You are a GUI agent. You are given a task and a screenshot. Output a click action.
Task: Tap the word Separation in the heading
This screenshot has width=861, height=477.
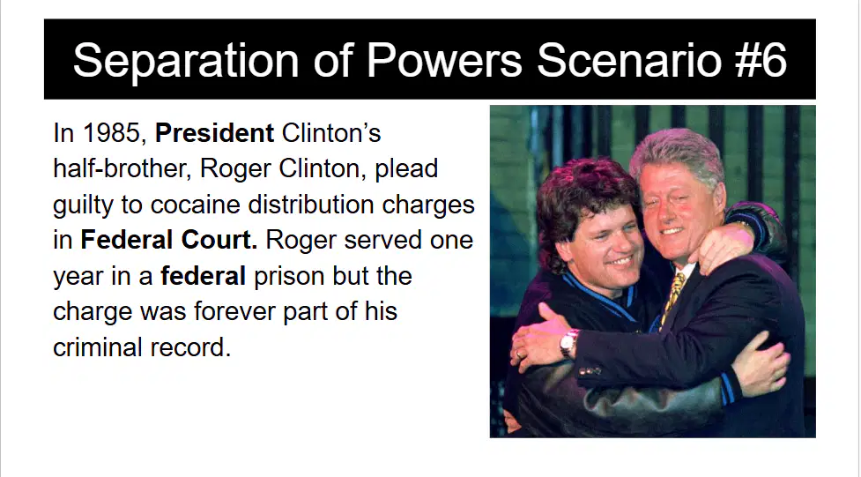[x=186, y=62]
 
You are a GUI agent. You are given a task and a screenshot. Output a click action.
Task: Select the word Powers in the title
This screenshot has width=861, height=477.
[x=444, y=60]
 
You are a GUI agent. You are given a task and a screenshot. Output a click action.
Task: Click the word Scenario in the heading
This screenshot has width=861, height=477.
[x=628, y=60]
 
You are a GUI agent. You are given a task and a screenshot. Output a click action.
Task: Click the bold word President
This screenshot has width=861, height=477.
[x=215, y=133]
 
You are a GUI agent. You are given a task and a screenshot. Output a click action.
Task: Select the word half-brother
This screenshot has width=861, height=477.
[x=122, y=168]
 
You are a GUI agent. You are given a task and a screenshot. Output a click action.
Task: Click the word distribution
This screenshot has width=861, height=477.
[x=311, y=205]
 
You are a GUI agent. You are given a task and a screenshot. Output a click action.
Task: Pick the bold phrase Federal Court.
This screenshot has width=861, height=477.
[x=169, y=240]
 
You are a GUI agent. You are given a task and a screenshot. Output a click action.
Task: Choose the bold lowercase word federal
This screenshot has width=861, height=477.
[x=203, y=276]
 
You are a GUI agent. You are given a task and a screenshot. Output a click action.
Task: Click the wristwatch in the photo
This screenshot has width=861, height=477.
[x=569, y=342]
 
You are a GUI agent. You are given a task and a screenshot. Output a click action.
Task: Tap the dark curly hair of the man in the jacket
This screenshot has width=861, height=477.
[x=582, y=198]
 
